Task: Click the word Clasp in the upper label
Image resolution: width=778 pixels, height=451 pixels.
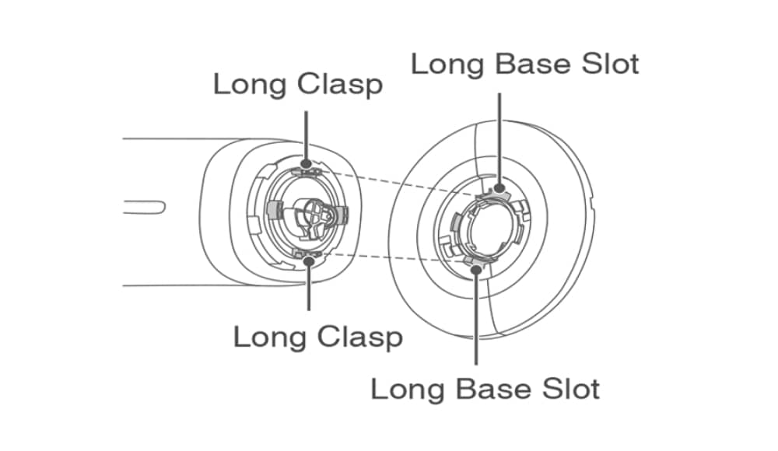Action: pos(339,84)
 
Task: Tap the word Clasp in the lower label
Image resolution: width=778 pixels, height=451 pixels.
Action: pos(359,337)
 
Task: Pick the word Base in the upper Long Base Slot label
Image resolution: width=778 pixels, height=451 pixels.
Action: pos(524,63)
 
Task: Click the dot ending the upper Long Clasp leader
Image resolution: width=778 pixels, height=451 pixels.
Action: pos(308,164)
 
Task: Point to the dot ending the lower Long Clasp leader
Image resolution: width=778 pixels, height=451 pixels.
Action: pos(309,261)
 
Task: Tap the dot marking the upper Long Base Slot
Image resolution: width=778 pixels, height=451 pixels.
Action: pos(497,187)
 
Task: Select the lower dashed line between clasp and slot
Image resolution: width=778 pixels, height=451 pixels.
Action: pos(393,258)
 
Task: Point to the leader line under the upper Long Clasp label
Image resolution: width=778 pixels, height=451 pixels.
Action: pos(308,136)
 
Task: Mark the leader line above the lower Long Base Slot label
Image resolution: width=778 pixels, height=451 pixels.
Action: pos(475,319)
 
